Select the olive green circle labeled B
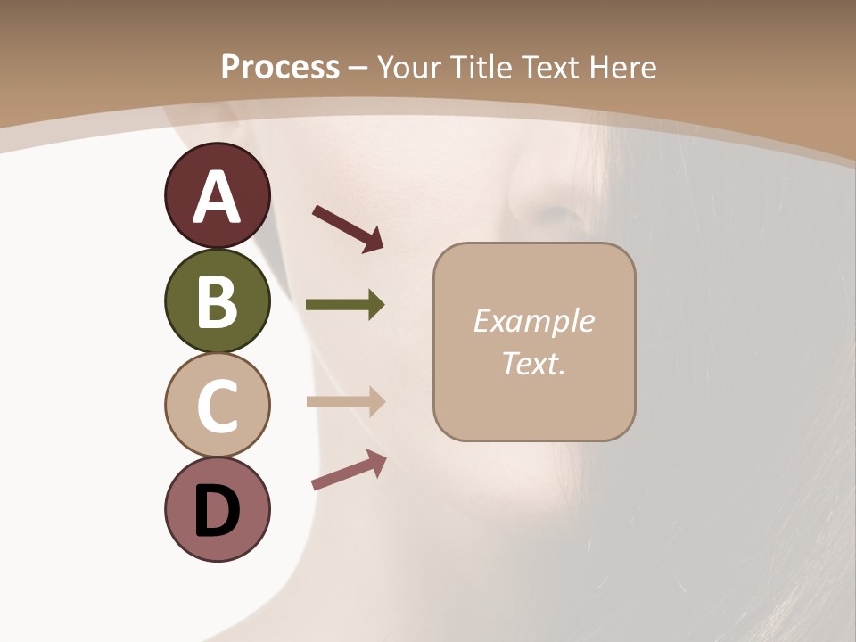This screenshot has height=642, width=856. click(x=217, y=301)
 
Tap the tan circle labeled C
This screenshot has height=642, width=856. click(x=217, y=406)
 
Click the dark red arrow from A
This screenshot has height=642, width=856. click(x=348, y=226)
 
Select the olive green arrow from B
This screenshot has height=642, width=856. click(x=345, y=305)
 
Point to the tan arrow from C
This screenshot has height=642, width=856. click(x=345, y=401)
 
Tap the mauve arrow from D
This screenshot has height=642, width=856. click(x=349, y=470)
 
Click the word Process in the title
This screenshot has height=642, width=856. click(x=280, y=67)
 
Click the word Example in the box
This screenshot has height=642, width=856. click(x=533, y=321)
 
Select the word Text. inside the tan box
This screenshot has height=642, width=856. click(x=533, y=363)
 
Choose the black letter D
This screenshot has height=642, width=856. click(x=217, y=511)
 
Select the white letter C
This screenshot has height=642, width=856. click(x=217, y=406)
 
